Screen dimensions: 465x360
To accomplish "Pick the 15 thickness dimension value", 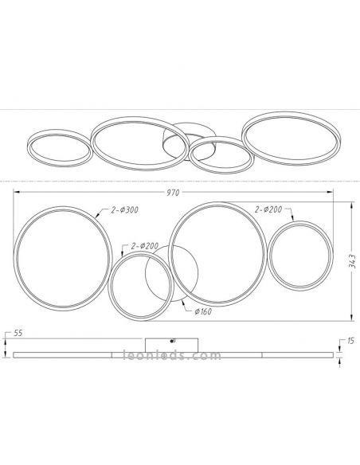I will [347, 343].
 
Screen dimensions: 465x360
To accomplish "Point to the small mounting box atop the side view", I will [174, 345].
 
